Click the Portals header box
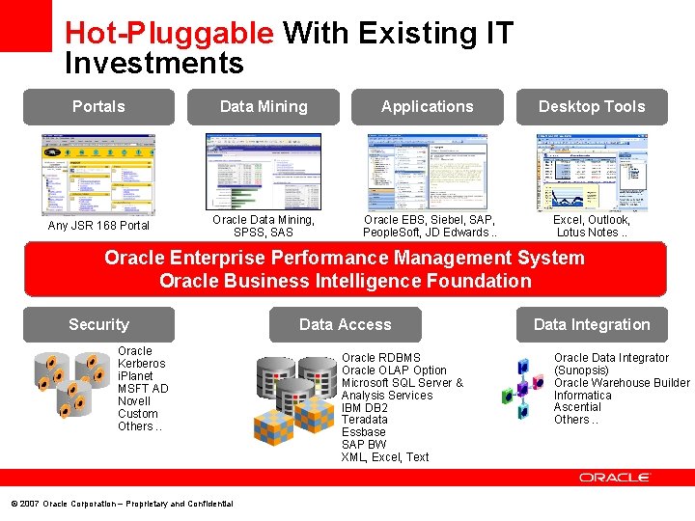coord(98,107)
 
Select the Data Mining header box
coord(264,107)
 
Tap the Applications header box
coord(428,107)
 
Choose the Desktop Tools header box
coord(592,107)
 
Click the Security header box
coord(98,325)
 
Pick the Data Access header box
coord(346,325)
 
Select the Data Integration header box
coord(592,325)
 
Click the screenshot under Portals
coord(98,174)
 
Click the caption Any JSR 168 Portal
coord(98,226)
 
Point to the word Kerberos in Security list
coord(141,364)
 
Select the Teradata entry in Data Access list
coord(364,420)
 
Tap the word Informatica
coord(582,396)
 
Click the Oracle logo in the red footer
coord(615,478)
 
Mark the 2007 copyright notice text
coord(122,504)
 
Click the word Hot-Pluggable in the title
coord(169,34)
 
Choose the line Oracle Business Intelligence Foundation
coord(345,282)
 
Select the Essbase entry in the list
coord(363,432)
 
